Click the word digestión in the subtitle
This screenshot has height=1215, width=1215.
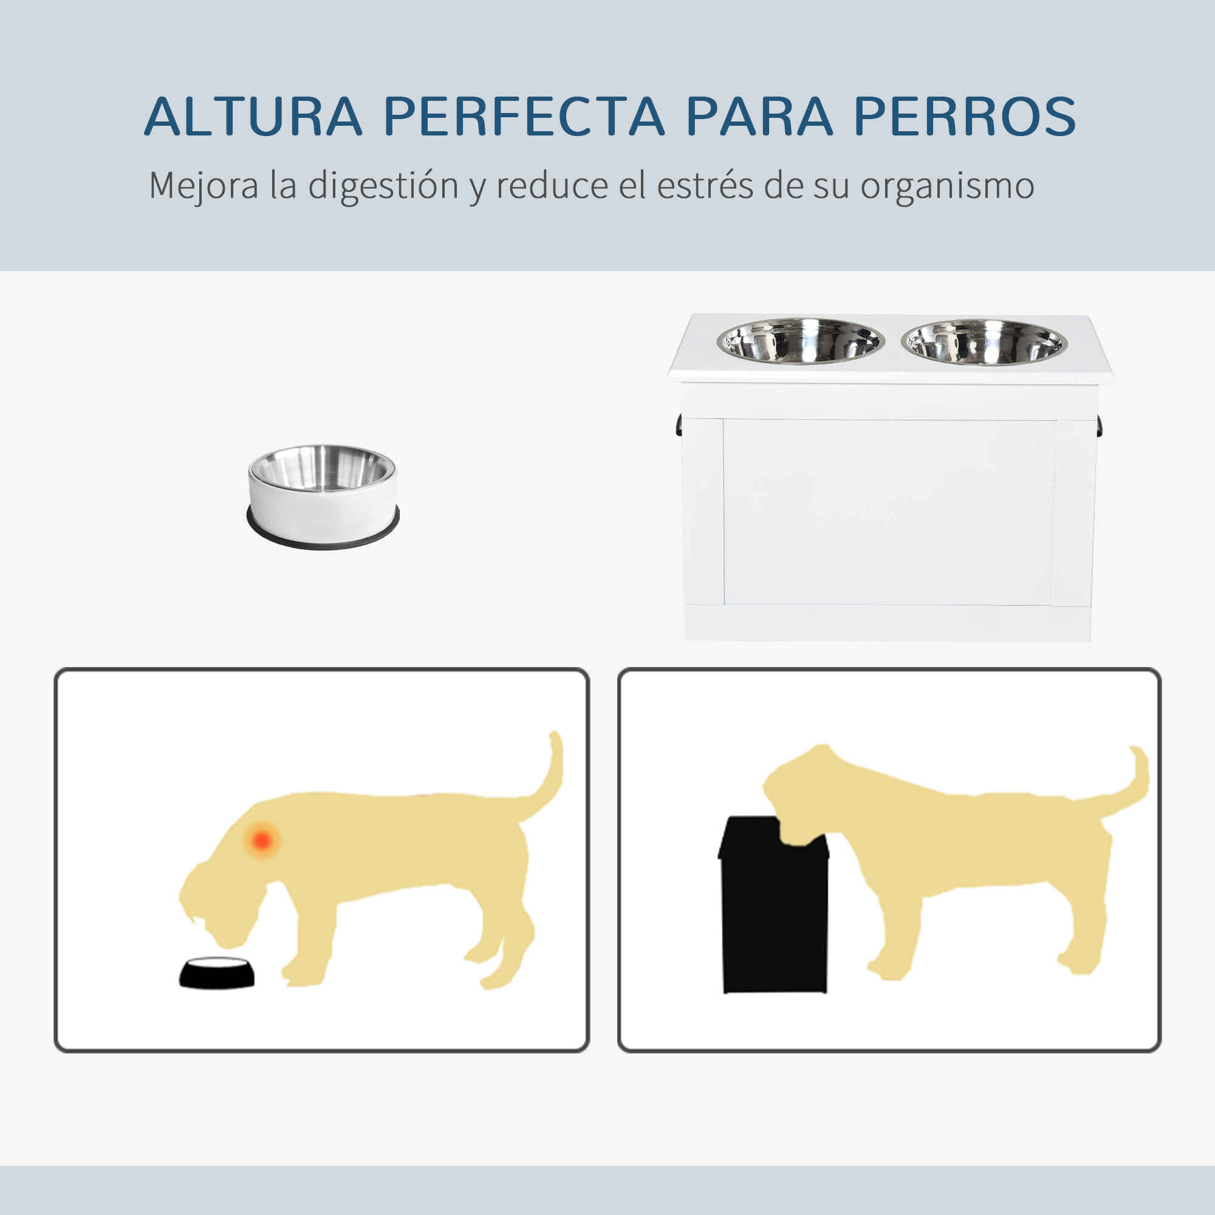383,186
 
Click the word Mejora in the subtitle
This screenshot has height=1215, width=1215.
204,187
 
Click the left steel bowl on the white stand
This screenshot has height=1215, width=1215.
801,341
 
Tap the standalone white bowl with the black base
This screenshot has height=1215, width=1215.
323,496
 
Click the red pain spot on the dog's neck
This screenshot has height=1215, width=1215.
262,839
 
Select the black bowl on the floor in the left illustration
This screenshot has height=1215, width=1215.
217,990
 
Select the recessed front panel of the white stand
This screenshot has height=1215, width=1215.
889,513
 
